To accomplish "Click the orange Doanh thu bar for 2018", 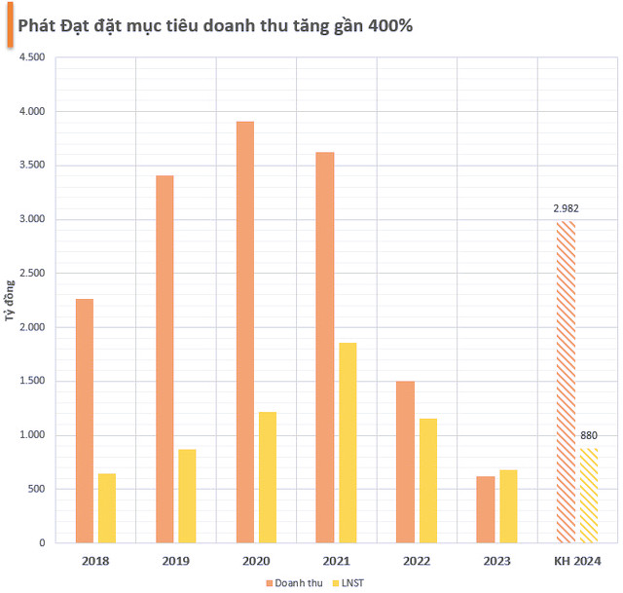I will tap(85, 420).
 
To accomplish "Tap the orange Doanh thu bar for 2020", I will tap(245, 332).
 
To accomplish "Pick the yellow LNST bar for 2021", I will tap(348, 442).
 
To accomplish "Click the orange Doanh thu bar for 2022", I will tap(406, 462).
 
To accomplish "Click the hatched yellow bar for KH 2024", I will tap(589, 495).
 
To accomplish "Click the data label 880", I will tap(589, 434).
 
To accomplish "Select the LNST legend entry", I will tap(356, 581).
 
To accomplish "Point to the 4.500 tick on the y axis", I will tap(32, 58).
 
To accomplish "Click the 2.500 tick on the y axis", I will tap(32, 274).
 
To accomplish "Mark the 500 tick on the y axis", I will tap(36, 489).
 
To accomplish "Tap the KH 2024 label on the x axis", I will tap(577, 562).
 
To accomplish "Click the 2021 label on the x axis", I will tap(336, 562).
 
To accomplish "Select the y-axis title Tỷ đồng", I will tap(10, 300).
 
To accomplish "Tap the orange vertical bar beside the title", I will tap(9, 26).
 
